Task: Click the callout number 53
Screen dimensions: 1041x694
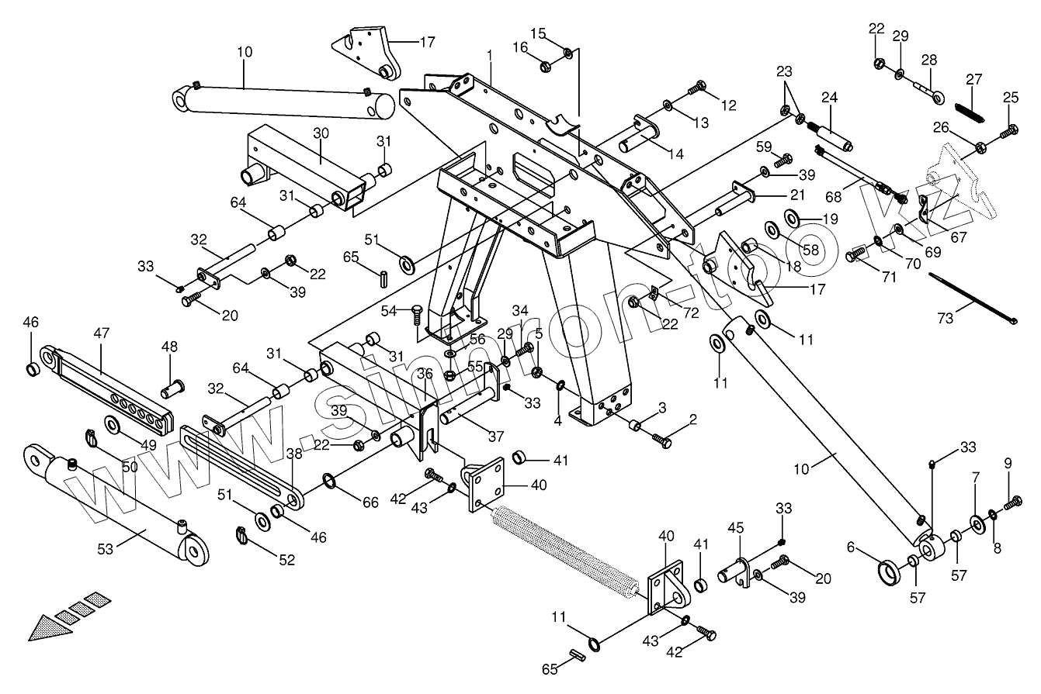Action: click(x=105, y=549)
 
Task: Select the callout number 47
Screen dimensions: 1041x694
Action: click(x=102, y=333)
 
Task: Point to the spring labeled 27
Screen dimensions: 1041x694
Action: click(x=970, y=112)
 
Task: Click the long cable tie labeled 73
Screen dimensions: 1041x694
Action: click(x=973, y=299)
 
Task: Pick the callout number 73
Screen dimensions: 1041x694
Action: click(x=946, y=319)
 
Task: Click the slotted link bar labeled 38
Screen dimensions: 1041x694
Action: click(x=241, y=468)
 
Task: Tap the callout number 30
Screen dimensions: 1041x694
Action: click(x=321, y=133)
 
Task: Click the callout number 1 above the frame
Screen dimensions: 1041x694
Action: click(x=489, y=56)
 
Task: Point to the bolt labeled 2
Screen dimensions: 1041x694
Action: click(x=662, y=440)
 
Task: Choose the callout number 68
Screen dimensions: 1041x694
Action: click(x=833, y=197)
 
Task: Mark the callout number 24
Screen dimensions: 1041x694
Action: click(x=830, y=98)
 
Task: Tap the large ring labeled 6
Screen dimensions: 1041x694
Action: click(x=889, y=573)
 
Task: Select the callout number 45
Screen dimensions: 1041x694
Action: click(x=736, y=528)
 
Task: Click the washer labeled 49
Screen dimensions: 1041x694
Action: click(x=112, y=425)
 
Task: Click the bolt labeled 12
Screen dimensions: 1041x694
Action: click(x=696, y=87)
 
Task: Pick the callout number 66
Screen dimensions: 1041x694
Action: click(x=370, y=502)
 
